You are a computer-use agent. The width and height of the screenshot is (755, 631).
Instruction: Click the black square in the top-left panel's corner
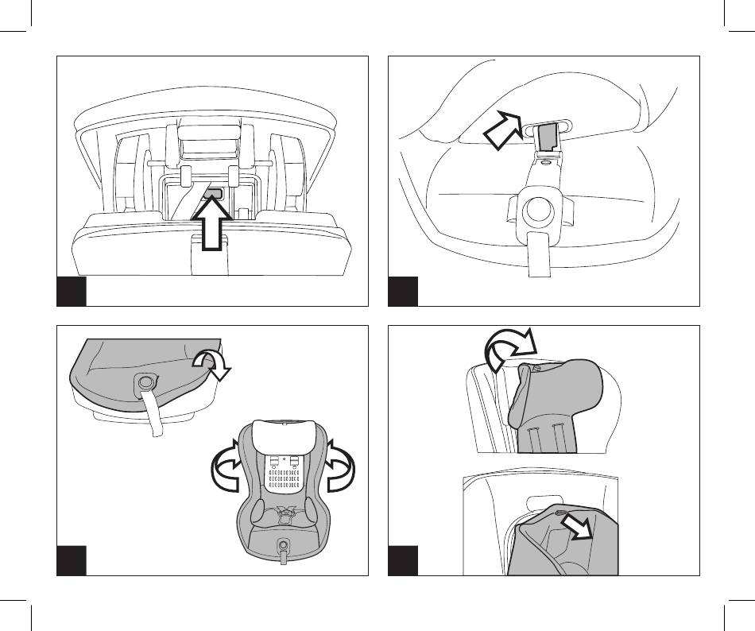point(72,291)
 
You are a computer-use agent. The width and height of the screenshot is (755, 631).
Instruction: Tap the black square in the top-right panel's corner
point(403,291)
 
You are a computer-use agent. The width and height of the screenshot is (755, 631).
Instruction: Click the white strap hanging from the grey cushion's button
point(153,416)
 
